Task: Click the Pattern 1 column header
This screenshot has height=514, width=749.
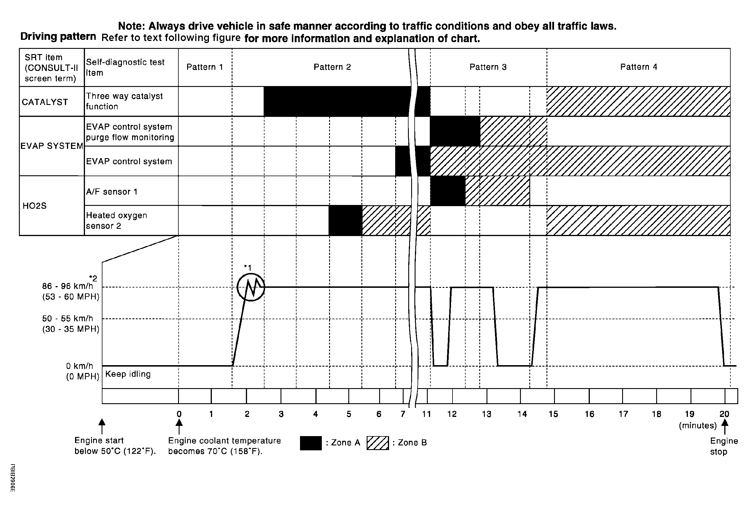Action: click(x=205, y=67)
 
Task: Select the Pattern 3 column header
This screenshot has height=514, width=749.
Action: click(x=488, y=67)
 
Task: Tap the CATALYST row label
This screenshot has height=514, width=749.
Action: click(x=45, y=102)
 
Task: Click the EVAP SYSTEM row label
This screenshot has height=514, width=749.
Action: click(x=52, y=146)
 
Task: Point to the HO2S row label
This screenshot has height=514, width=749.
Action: click(x=35, y=206)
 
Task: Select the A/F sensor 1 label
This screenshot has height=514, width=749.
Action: click(x=112, y=192)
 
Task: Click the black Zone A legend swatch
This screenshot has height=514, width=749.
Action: click(x=311, y=443)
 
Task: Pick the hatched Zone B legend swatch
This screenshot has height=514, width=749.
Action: click(x=378, y=443)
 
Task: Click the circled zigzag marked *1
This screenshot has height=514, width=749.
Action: click(x=251, y=287)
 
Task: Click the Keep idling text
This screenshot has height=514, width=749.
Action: click(x=128, y=374)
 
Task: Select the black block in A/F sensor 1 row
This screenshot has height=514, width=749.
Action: click(x=448, y=191)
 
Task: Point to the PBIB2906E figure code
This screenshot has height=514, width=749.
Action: click(x=13, y=478)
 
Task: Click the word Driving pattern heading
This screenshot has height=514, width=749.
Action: click(x=58, y=37)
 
